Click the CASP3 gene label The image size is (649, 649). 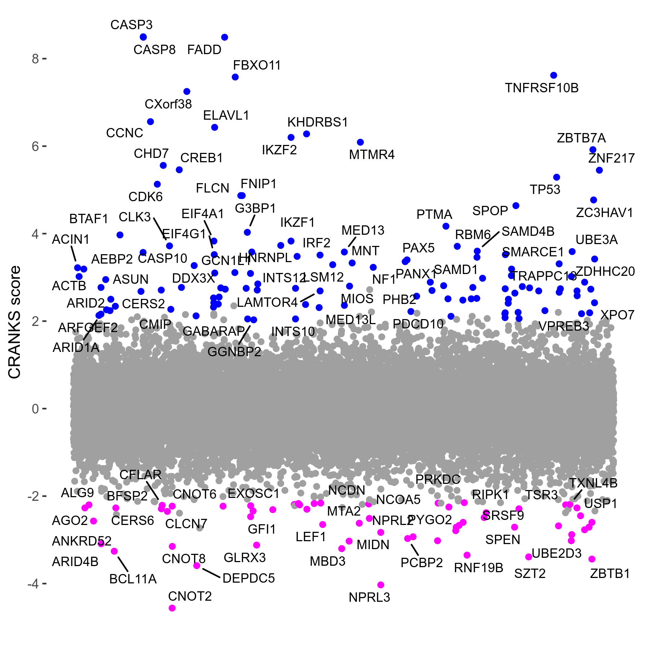(131, 25)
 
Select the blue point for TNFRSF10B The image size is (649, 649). (553, 75)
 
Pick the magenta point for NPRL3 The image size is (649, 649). (381, 585)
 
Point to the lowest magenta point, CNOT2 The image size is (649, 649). (172, 608)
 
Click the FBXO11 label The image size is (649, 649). (257, 65)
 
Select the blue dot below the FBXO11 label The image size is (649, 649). (235, 77)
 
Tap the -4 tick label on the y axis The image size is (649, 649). (33, 583)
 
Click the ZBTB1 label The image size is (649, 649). (610, 574)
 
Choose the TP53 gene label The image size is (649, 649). (545, 190)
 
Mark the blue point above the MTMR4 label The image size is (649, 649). (360, 142)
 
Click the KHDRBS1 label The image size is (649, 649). (318, 123)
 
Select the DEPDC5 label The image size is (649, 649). (248, 578)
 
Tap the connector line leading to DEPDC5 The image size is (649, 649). (211, 573)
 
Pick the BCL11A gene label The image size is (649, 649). (133, 579)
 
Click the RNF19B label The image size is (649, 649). (478, 568)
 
